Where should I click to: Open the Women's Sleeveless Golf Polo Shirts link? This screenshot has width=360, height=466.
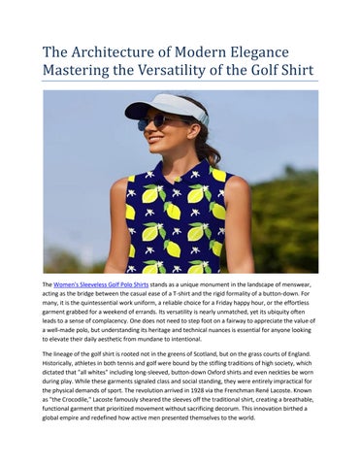coord(108,283)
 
